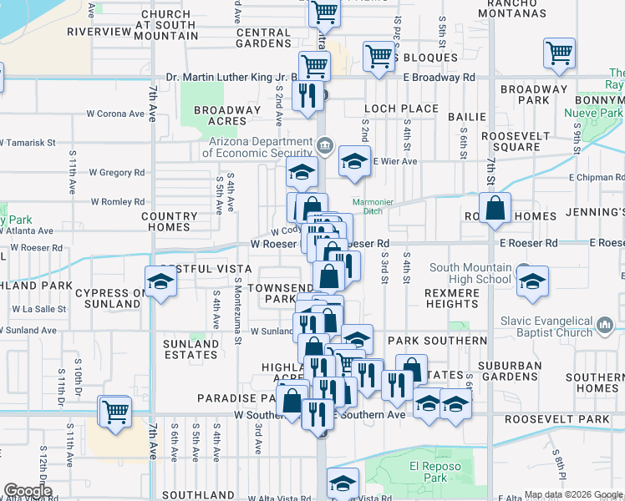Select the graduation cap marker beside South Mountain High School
pos(531,283)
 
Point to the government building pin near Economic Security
pos(325,147)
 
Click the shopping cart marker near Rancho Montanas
pos(558,54)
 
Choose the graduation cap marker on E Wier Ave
pos(354,160)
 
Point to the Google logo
pos(27,491)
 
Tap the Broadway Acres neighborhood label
pos(227,115)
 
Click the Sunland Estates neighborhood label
pos(191,348)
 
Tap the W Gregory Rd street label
pos(117,173)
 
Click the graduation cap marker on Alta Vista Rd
pos(342,483)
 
